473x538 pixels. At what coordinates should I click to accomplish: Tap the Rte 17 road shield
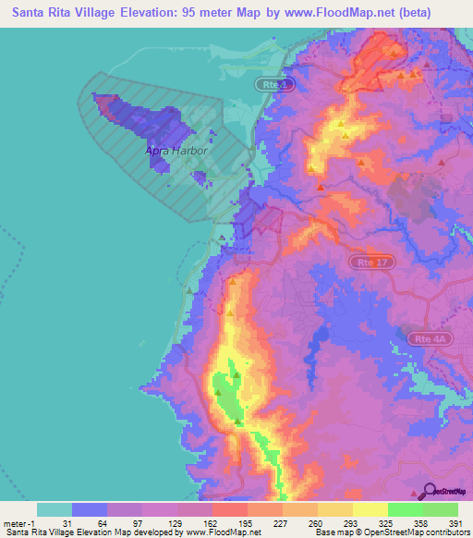pos(368,263)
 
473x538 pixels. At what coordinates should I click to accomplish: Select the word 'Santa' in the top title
pos(31,12)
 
